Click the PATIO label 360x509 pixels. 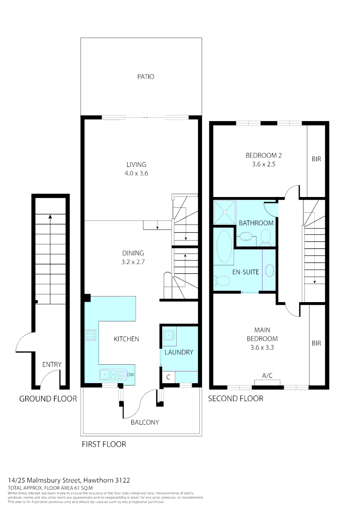coord(146,76)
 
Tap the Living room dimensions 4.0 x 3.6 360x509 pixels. coord(136,173)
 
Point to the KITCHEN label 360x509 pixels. coord(126,339)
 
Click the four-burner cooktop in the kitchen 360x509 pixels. coord(91,336)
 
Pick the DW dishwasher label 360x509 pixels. coord(131,375)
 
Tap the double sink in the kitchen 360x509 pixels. coord(111,375)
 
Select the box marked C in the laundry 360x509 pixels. coord(168,377)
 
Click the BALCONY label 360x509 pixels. coord(146,422)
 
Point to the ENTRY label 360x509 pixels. coord(52,364)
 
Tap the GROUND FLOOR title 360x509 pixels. coord(48,399)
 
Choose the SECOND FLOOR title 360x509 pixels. coord(236,399)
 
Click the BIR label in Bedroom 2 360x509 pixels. coord(316,159)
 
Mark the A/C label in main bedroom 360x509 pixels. coord(267,375)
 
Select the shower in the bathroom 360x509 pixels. coord(224,211)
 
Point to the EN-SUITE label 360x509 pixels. coord(245,272)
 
